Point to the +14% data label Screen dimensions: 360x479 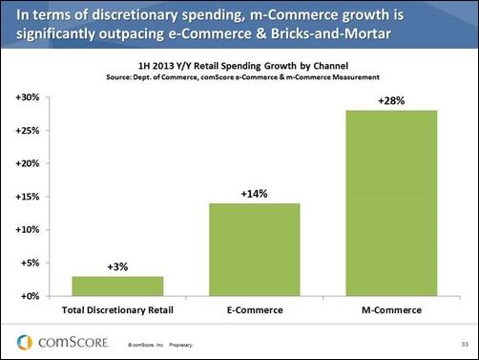[x=253, y=193]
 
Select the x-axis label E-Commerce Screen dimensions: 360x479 [x=253, y=310]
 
